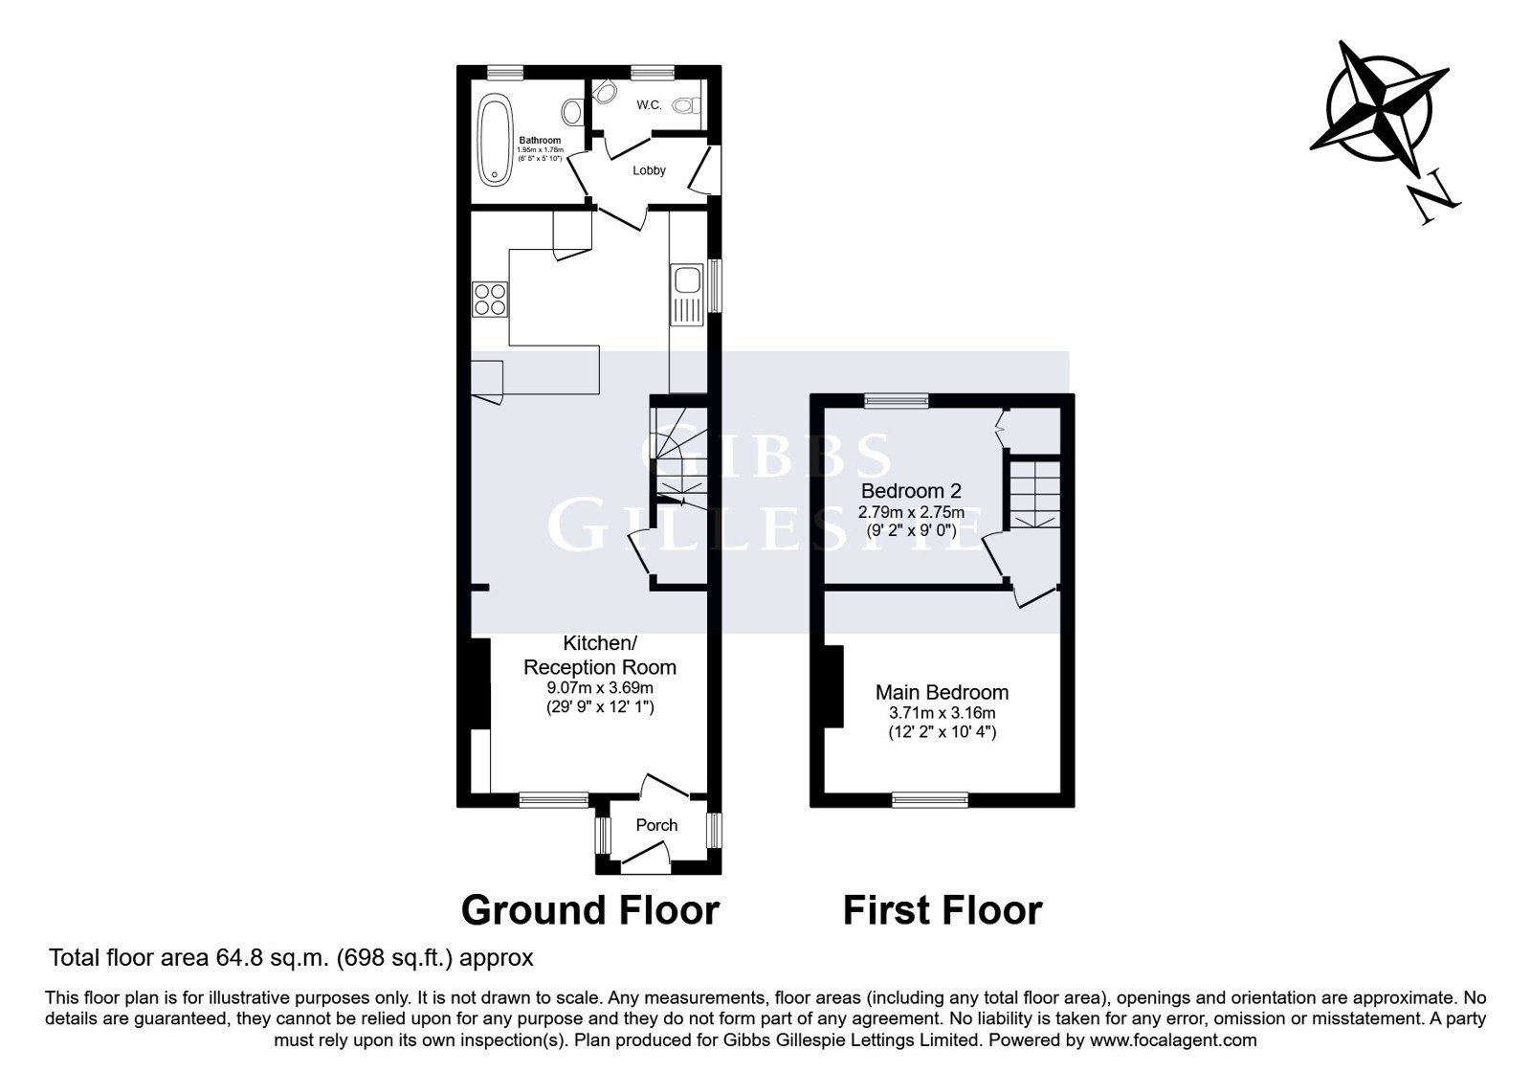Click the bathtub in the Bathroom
click(x=495, y=140)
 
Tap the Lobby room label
click(x=649, y=170)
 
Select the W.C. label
click(x=649, y=104)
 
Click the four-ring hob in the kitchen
click(x=490, y=300)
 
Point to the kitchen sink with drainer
click(x=687, y=295)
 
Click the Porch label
click(x=656, y=825)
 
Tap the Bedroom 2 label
click(x=911, y=490)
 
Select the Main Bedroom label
click(x=942, y=692)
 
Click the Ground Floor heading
click(x=589, y=910)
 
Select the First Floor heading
click(x=943, y=910)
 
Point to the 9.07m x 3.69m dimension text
click(x=600, y=688)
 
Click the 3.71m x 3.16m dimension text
click(x=942, y=713)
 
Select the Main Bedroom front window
click(x=930, y=799)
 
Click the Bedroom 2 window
click(x=897, y=401)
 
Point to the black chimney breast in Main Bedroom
click(x=833, y=686)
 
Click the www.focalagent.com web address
click(x=1173, y=1039)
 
